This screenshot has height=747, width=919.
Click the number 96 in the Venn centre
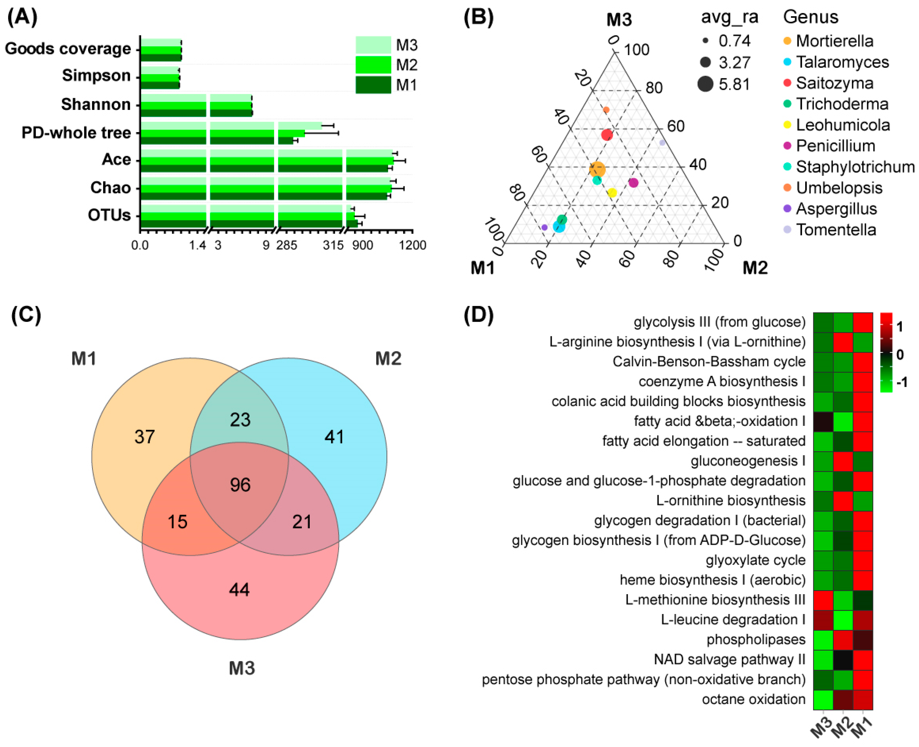point(240,485)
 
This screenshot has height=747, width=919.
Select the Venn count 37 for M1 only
point(144,437)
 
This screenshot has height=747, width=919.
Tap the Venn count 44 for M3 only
point(239,590)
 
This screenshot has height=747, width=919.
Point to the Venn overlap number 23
point(240,420)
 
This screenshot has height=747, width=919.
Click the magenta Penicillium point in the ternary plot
point(633,183)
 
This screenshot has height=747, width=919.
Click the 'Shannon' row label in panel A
point(96,104)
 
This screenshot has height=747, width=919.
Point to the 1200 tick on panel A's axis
point(413,245)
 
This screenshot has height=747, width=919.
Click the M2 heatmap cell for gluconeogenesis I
point(843,461)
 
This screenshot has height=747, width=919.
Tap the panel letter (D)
point(478,315)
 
